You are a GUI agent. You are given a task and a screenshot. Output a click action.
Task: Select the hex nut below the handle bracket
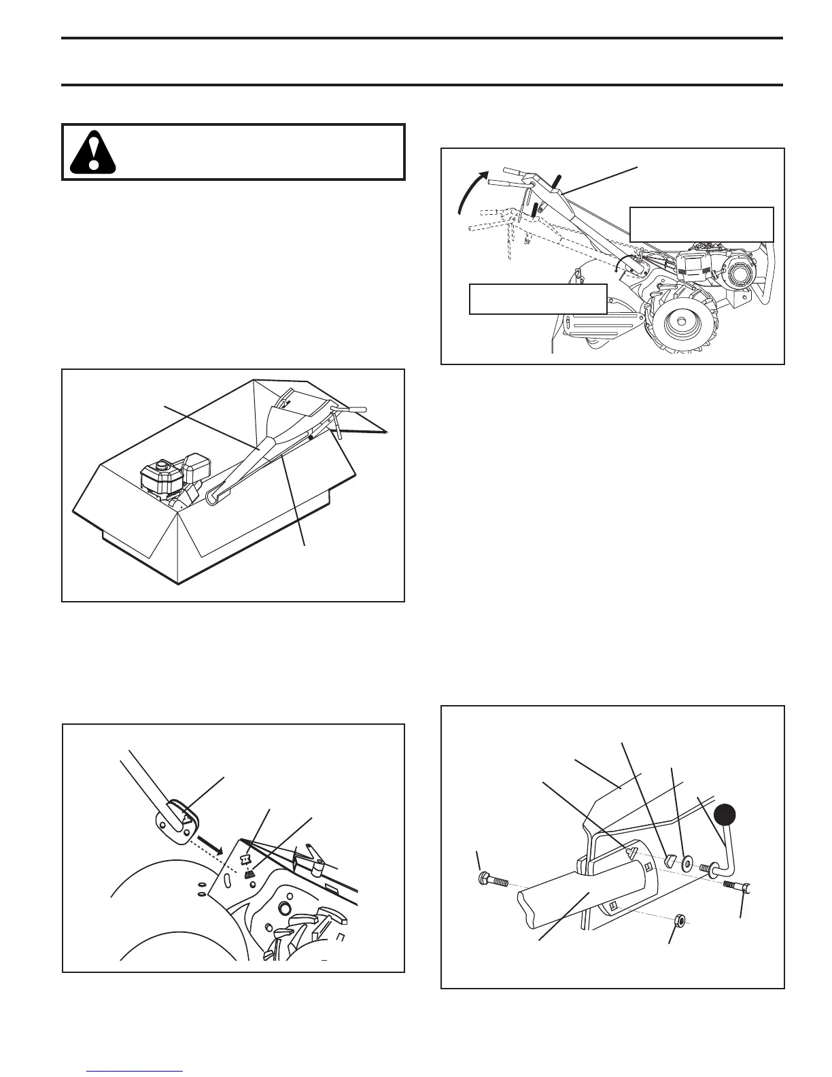tap(678, 921)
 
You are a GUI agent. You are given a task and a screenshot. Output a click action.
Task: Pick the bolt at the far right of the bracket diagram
tap(738, 887)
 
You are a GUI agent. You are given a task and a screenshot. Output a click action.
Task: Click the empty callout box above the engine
tap(701, 224)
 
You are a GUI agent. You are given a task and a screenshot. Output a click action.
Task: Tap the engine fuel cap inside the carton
tap(161, 466)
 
